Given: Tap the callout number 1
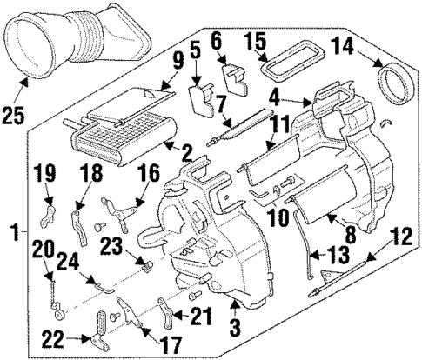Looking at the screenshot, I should (x=13, y=231).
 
